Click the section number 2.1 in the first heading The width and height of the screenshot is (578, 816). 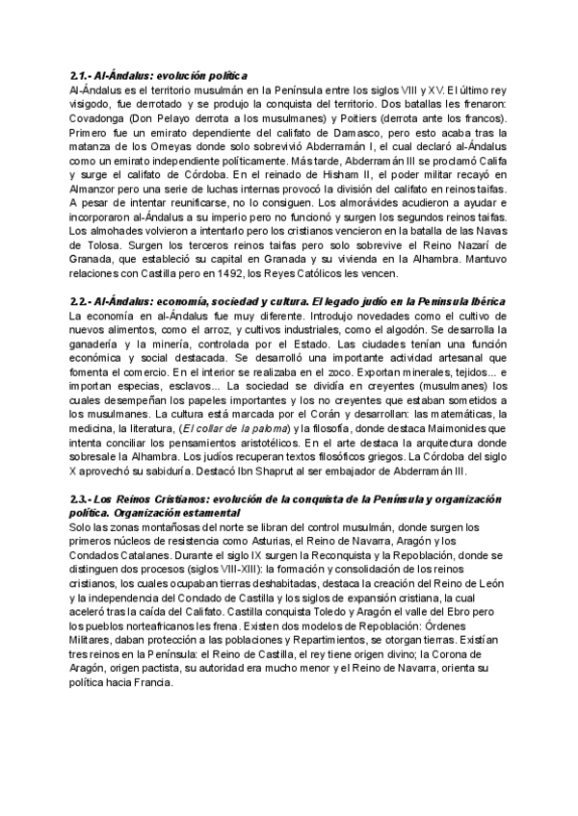(x=80, y=75)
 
